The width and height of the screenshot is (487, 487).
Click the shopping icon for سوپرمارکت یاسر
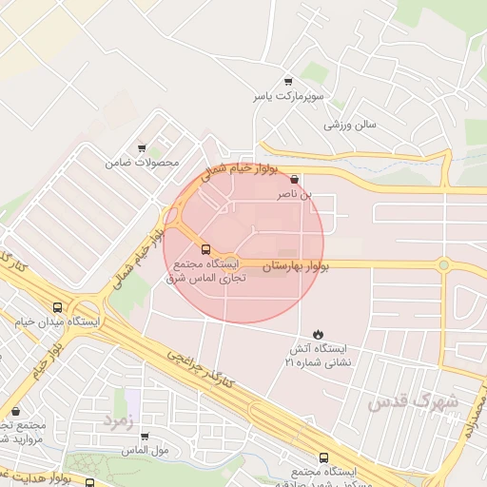click(x=289, y=83)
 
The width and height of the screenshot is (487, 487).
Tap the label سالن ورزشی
click(x=351, y=125)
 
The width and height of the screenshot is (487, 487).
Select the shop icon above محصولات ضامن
click(x=142, y=148)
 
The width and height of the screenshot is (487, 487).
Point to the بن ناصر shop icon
click(x=293, y=179)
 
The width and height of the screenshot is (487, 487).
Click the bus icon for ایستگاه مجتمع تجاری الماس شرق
click(x=207, y=249)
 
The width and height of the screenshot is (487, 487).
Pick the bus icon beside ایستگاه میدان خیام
click(x=58, y=307)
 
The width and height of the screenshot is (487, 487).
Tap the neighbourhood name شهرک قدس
click(x=413, y=401)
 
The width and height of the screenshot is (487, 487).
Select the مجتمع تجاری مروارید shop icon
click(x=15, y=412)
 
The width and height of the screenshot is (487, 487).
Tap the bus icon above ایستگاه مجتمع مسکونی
click(x=324, y=457)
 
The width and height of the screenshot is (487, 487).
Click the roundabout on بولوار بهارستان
click(x=443, y=264)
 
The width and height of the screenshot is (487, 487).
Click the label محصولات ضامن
click(x=143, y=164)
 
